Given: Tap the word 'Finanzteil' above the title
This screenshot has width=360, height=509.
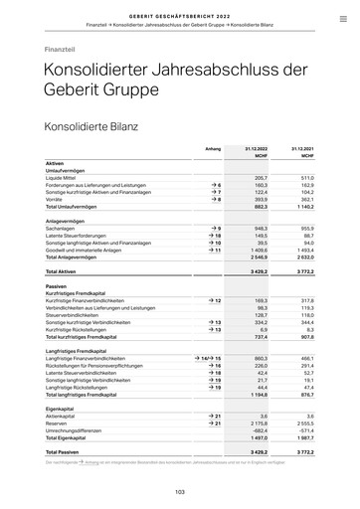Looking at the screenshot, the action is coord(61,48).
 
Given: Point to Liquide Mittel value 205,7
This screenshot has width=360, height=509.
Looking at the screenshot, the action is coord(262,177).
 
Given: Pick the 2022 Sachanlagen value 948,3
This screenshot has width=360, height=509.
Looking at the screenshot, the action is coord(261,228).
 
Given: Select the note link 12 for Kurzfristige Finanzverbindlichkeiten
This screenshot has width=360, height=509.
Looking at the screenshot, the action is coord(215,300).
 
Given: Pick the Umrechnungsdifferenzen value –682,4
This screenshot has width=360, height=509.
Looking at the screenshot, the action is coord(260,429).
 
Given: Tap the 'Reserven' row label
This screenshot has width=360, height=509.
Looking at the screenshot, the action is coord(59,423).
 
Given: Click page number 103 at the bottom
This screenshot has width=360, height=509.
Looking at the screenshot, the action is coord(180,491).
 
